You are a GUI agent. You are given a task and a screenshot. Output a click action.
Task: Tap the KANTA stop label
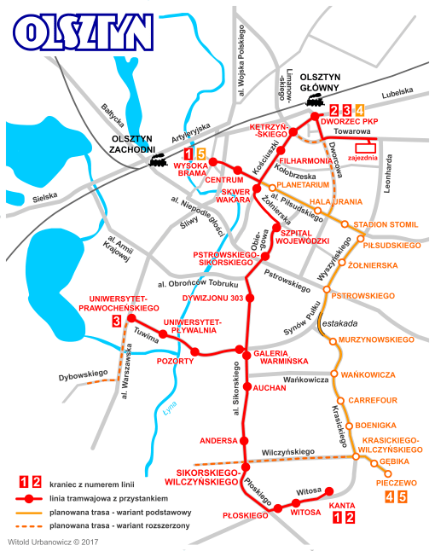342,506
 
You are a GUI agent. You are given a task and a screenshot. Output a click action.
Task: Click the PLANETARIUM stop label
303,184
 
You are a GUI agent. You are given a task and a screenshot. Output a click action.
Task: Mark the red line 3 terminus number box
115,321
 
